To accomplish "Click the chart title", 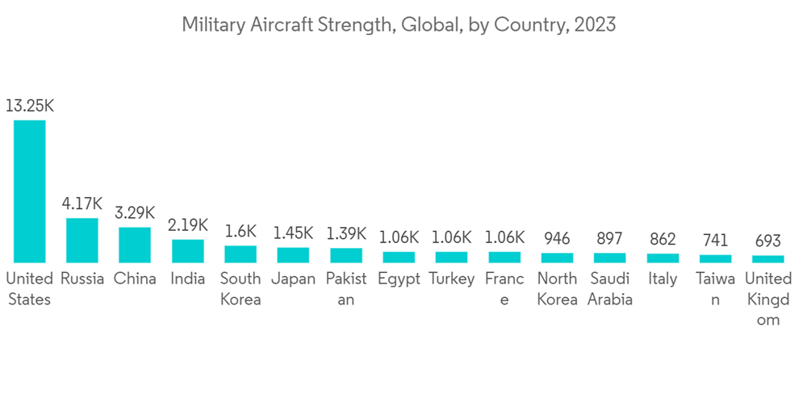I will click(398, 25).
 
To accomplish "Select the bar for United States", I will click(29, 191).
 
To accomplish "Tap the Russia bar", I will click(82, 240).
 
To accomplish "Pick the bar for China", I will click(135, 245).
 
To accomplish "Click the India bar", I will click(188, 251).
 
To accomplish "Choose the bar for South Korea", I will click(240, 254).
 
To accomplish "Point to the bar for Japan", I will click(293, 255).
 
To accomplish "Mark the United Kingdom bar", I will click(767, 259).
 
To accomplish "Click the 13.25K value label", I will click(29, 106).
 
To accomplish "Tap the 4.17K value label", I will click(82, 203).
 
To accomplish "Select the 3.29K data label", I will click(135, 213).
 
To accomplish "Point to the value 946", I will click(557, 238).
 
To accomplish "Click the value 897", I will click(609, 238).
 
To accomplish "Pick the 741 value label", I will click(715, 240).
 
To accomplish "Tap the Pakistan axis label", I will click(346, 289).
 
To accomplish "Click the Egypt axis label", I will click(399, 279).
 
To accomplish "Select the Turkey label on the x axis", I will click(451, 279).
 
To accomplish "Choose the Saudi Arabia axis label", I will click(609, 289).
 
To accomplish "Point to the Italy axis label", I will click(663, 279).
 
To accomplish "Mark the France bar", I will click(504, 257).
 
